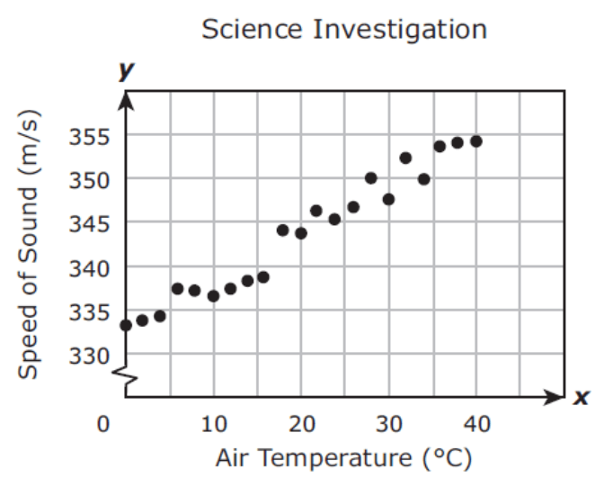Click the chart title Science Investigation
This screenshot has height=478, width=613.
click(x=344, y=29)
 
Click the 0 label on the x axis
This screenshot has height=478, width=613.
click(x=106, y=424)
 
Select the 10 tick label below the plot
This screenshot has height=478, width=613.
click(x=213, y=424)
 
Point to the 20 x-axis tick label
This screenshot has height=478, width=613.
click(x=301, y=424)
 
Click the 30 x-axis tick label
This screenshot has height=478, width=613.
click(x=388, y=424)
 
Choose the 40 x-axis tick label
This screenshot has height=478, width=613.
click(x=475, y=424)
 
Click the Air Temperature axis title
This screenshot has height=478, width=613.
click(x=343, y=458)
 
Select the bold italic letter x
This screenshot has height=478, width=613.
click(x=582, y=397)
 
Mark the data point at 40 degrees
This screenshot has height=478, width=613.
click(x=476, y=141)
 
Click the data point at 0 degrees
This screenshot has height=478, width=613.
click(x=126, y=325)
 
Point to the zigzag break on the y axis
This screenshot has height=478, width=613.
click(x=128, y=382)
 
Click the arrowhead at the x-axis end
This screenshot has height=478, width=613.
click(x=557, y=396)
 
